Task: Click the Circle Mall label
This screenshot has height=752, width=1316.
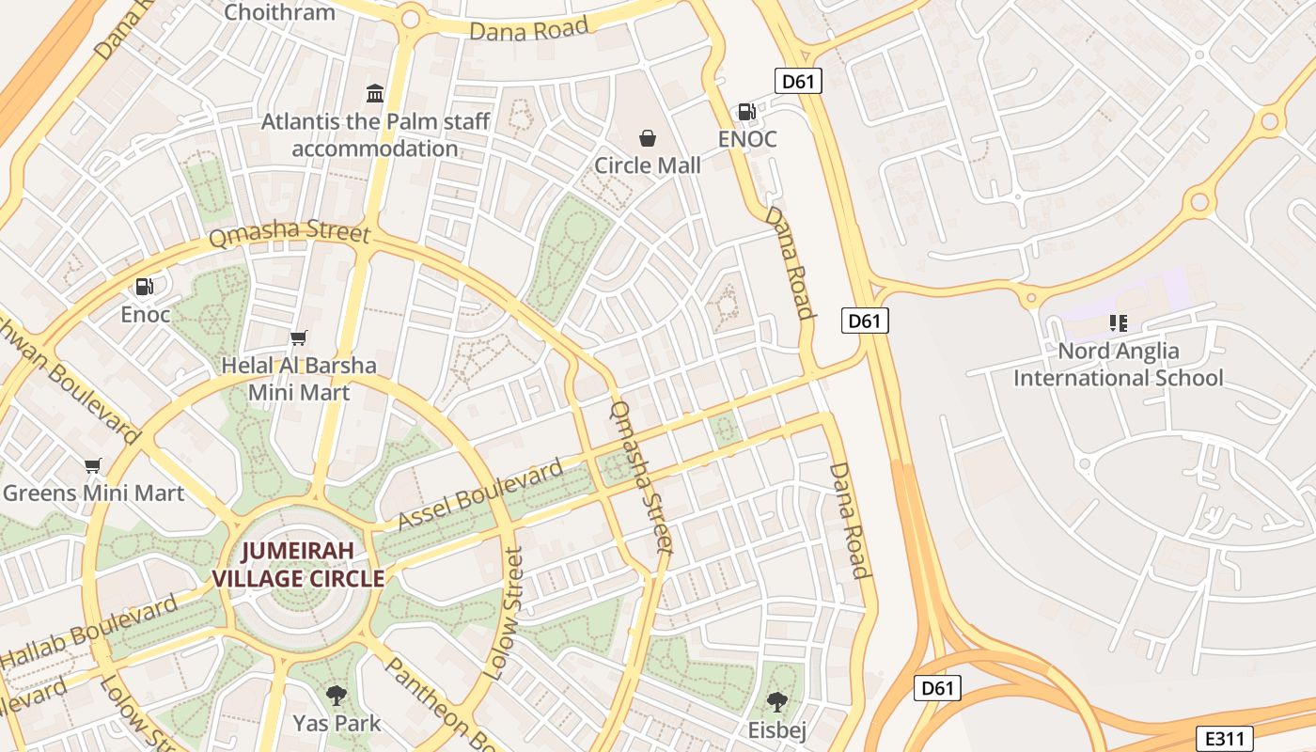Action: (648, 165)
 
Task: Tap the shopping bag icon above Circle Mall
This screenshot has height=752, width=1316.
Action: (648, 138)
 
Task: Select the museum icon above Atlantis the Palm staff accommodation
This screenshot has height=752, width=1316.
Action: (375, 93)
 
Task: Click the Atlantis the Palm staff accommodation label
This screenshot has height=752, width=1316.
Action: (375, 134)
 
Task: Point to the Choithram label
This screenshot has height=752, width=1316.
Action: (280, 12)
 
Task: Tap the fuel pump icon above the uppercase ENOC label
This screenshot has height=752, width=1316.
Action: (747, 112)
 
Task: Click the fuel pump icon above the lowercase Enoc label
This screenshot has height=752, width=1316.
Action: (145, 287)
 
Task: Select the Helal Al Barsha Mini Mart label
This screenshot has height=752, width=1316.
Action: (299, 378)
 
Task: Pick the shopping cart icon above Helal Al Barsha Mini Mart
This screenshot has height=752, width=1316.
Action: (299, 337)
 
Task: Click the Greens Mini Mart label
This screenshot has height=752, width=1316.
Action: (93, 493)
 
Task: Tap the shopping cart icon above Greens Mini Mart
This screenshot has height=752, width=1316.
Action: (92, 465)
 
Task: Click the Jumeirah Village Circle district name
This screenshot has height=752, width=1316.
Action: (299, 564)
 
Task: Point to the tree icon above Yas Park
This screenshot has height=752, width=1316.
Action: (336, 696)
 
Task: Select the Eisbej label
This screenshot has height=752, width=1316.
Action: (775, 729)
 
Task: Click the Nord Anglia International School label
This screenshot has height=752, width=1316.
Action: (1118, 364)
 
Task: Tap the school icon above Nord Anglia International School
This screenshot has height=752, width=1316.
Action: (1118, 323)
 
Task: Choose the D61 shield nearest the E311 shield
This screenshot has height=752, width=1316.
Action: (937, 688)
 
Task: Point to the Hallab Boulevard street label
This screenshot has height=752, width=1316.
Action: (90, 632)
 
